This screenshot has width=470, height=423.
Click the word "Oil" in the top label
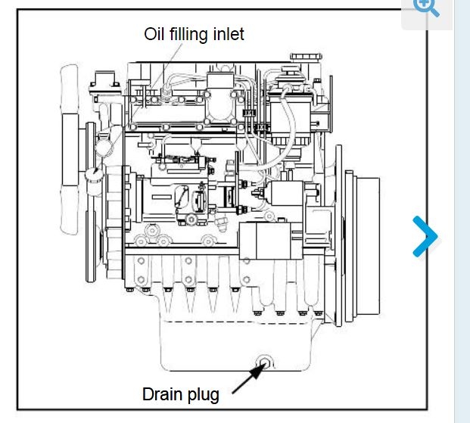[155, 34]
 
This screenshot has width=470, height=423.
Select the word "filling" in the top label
[189, 35]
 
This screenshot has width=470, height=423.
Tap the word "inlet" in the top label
[229, 34]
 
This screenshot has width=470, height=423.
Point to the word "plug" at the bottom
[204, 395]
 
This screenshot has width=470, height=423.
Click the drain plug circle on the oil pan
[264, 361]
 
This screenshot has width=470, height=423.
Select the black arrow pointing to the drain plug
[247, 379]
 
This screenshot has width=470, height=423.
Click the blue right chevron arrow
[425, 237]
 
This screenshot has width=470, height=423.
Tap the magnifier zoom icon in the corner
[426, 7]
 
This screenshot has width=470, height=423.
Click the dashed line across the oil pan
[227, 322]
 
